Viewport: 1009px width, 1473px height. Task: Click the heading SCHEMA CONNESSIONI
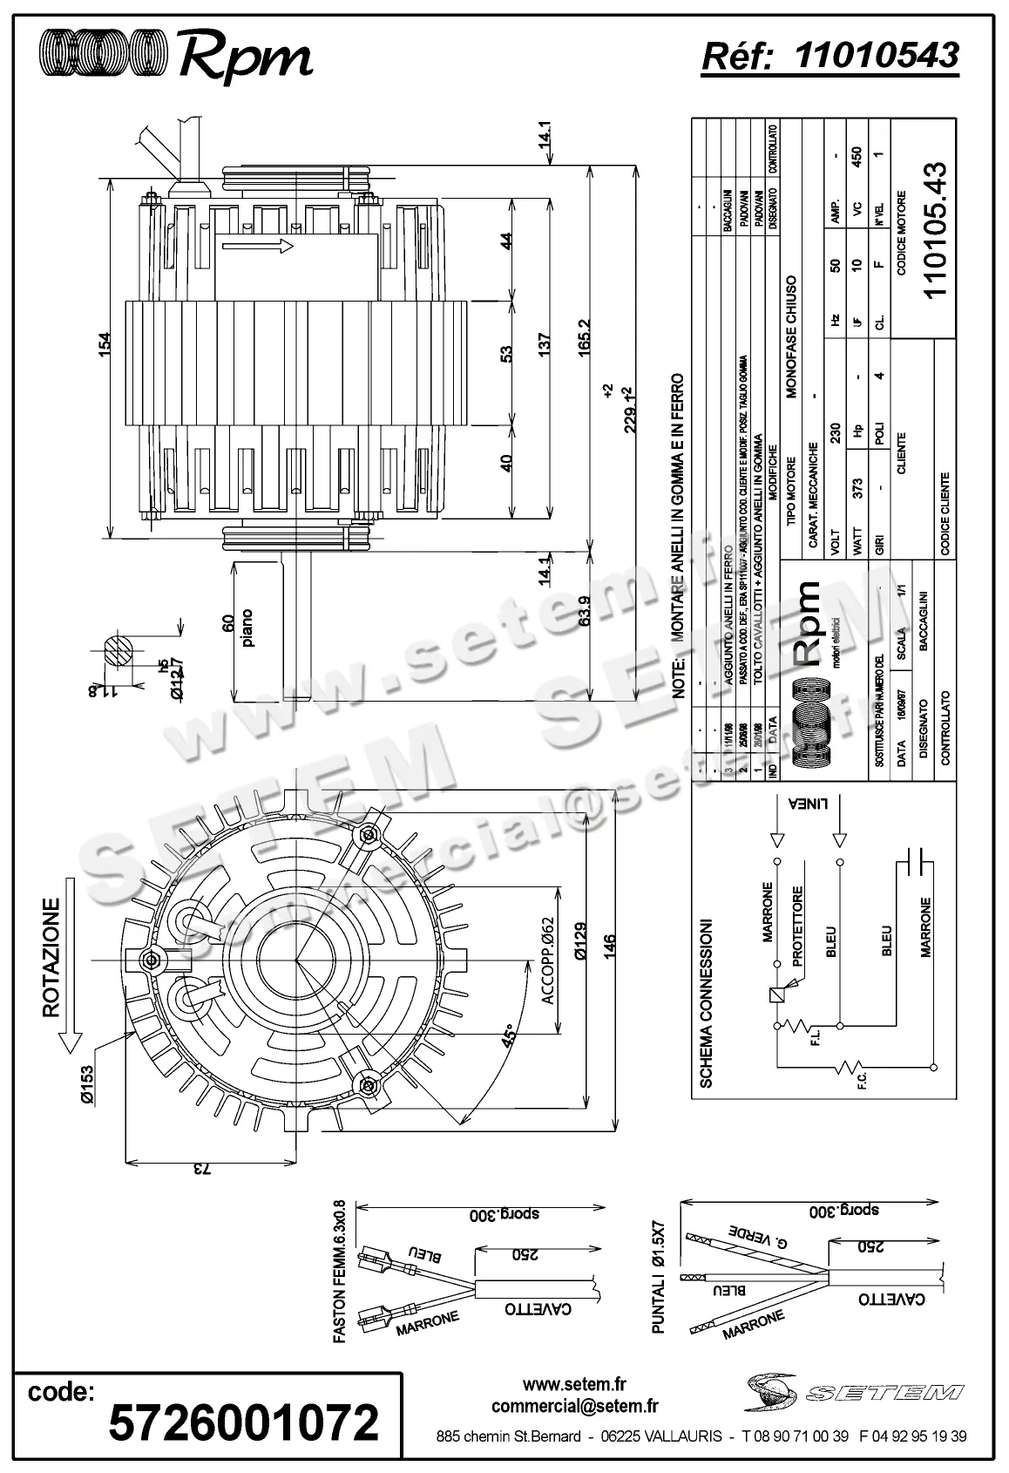pos(707,1002)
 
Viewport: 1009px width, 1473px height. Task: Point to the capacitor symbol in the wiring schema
pos(915,862)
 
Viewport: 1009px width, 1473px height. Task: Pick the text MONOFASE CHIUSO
pos(792,337)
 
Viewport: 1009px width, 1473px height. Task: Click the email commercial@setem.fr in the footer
pos(574,1406)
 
